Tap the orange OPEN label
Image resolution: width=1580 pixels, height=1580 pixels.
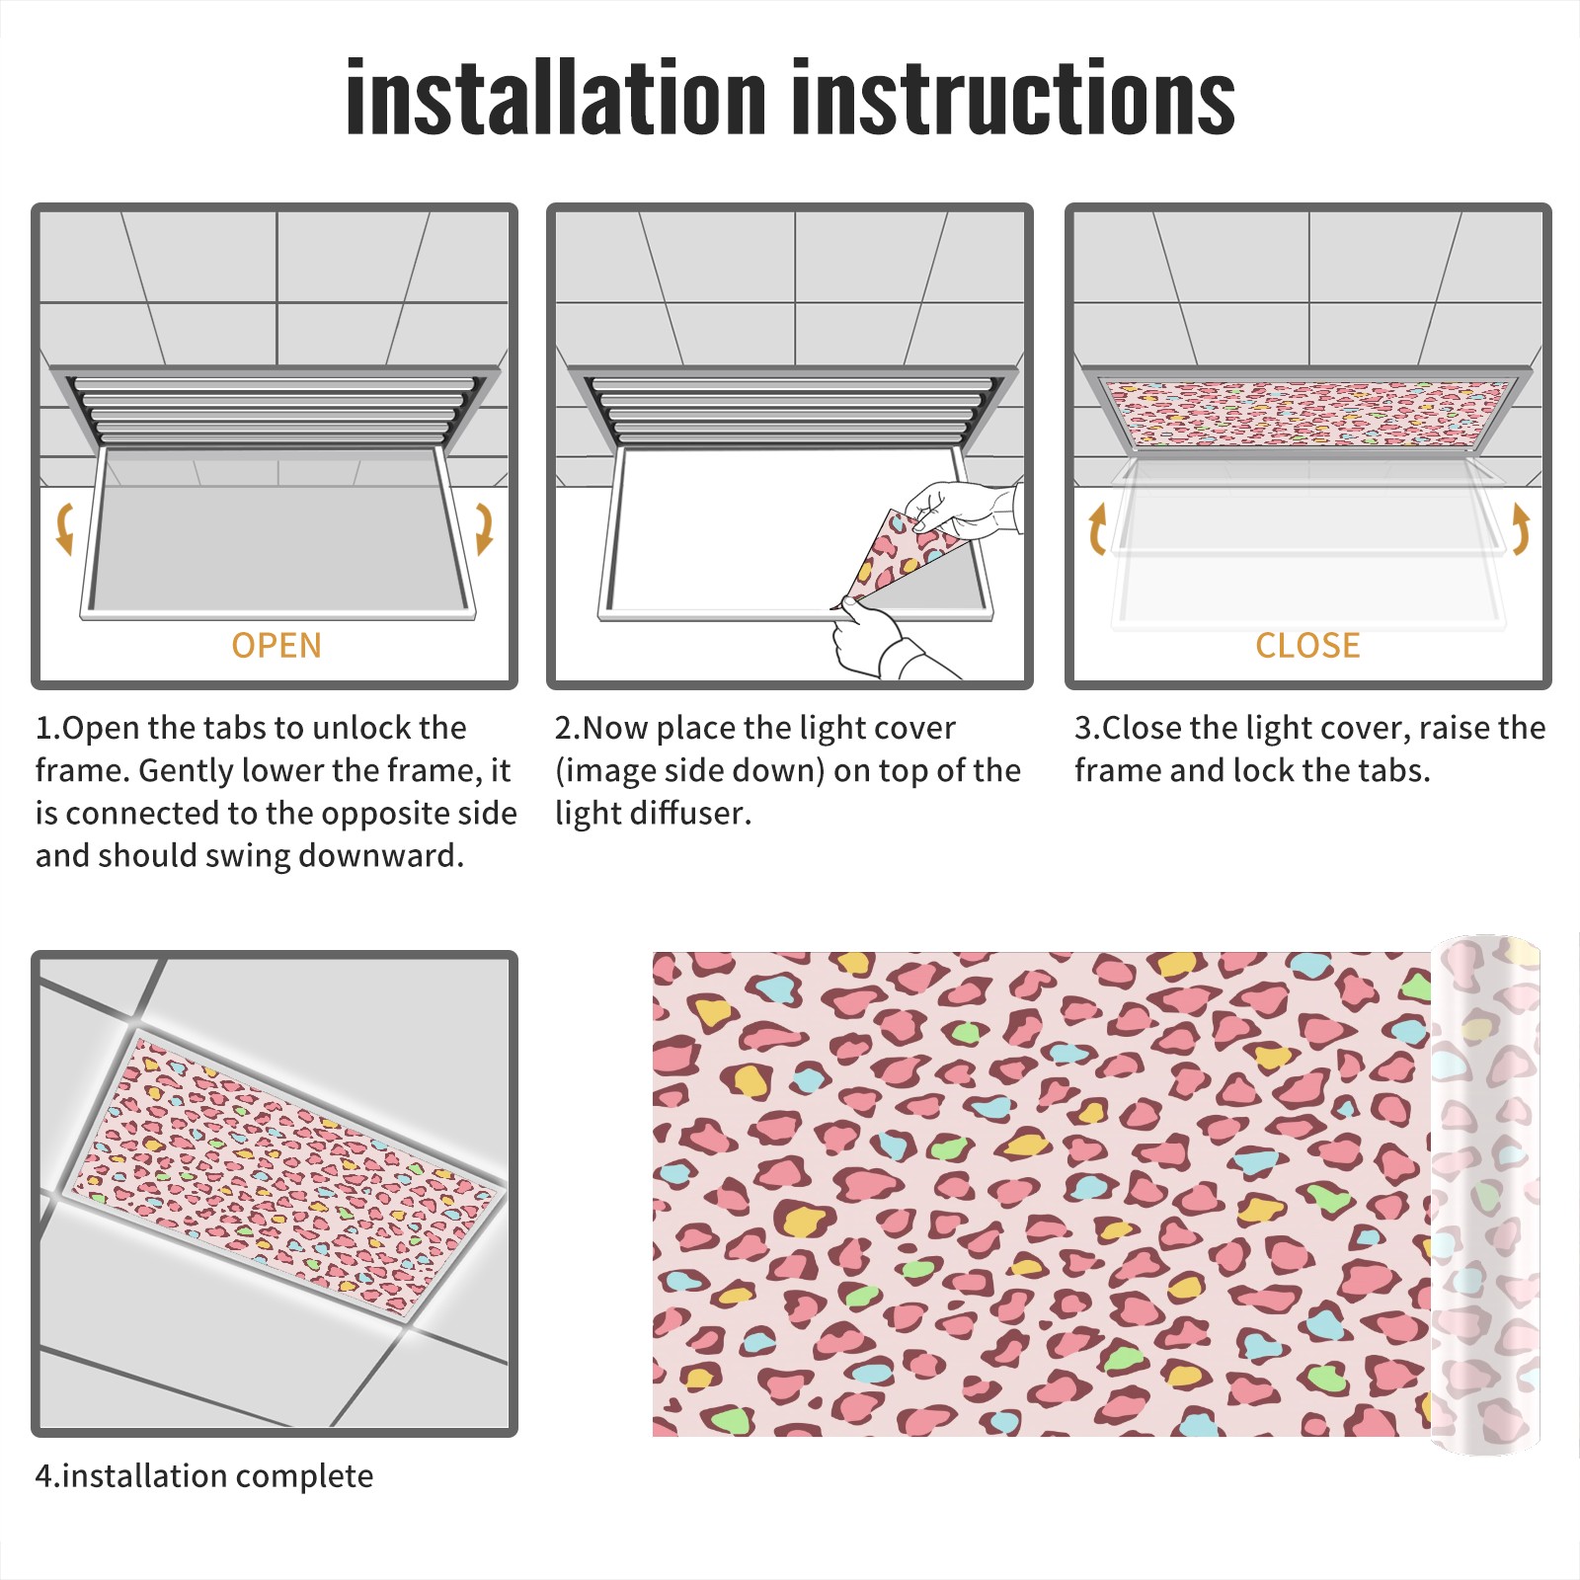pos(276,645)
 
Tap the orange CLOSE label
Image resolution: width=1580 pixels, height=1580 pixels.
pos(1307,645)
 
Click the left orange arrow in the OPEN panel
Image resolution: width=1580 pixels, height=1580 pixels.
pos(64,528)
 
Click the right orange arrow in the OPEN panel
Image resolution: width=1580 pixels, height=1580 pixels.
pos(484,528)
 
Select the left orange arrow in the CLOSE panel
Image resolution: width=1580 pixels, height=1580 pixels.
pos(1097,528)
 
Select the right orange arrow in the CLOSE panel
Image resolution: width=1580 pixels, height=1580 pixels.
pos(1521,528)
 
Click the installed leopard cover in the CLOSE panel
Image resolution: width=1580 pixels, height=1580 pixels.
pos(1308,412)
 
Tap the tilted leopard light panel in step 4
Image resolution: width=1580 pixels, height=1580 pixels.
pos(283,1175)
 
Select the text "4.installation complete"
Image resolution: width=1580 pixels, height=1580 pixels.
pos(204,1476)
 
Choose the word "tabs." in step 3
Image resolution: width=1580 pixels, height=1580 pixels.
pos(1393,770)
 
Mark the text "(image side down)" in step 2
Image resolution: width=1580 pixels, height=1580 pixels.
pos(690,770)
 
